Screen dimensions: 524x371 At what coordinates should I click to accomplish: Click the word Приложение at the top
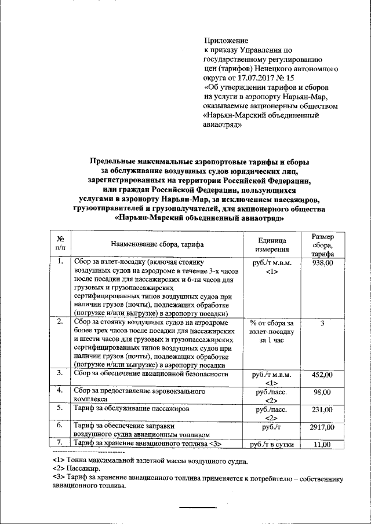click(x=227, y=41)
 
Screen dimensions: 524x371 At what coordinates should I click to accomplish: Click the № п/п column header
click(x=60, y=244)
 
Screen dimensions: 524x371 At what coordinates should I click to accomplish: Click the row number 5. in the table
click(x=60, y=408)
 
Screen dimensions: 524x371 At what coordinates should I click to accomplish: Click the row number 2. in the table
click(x=60, y=321)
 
